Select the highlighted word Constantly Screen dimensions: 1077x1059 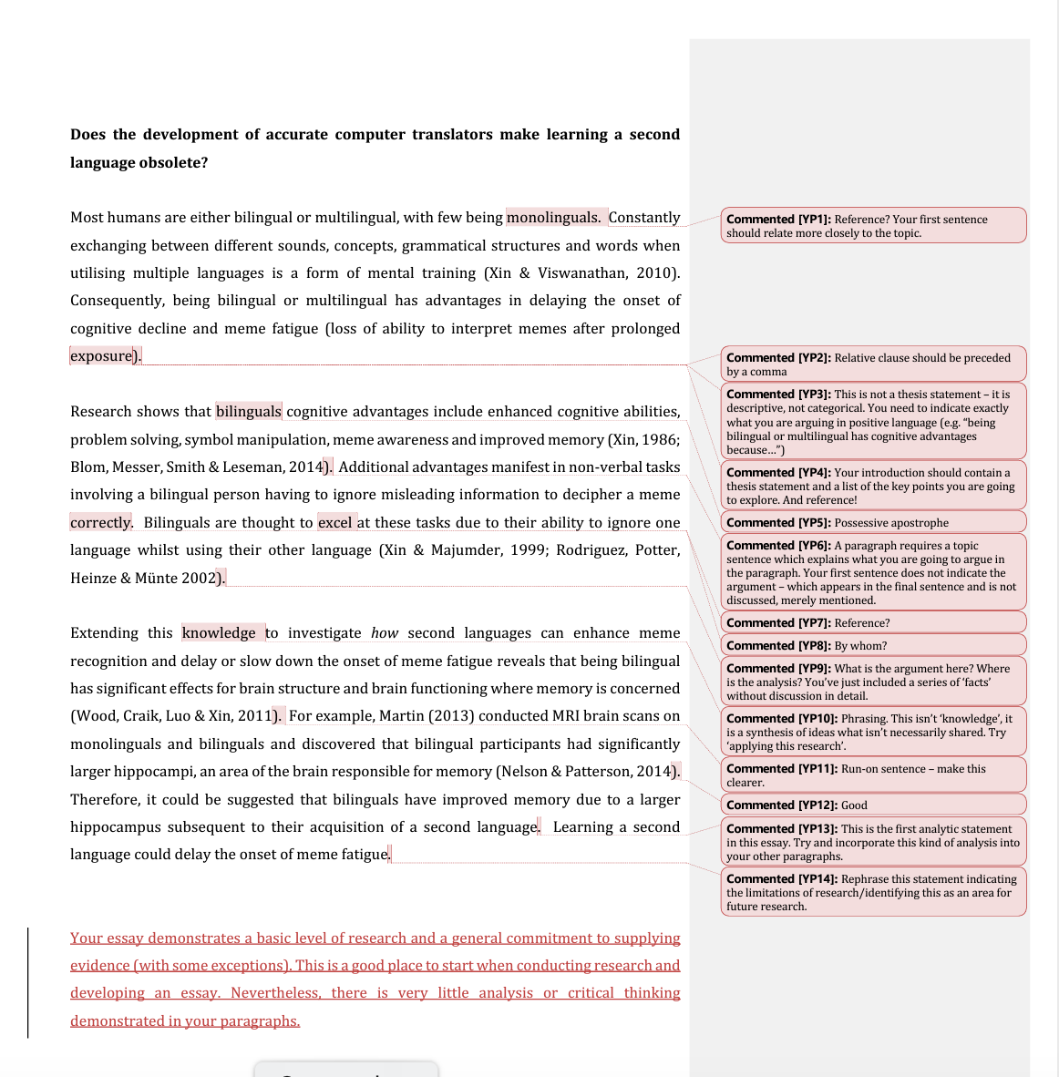(x=643, y=217)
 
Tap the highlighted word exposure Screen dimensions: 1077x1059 (x=101, y=355)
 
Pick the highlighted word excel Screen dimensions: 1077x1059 (x=334, y=522)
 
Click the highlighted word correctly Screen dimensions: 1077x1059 (x=101, y=522)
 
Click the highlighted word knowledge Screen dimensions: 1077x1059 (x=219, y=632)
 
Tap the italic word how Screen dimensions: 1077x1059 (x=385, y=632)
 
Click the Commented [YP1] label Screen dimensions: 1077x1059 (x=777, y=219)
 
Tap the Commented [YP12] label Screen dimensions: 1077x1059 (x=780, y=805)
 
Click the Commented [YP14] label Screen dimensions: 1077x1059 (x=780, y=878)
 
